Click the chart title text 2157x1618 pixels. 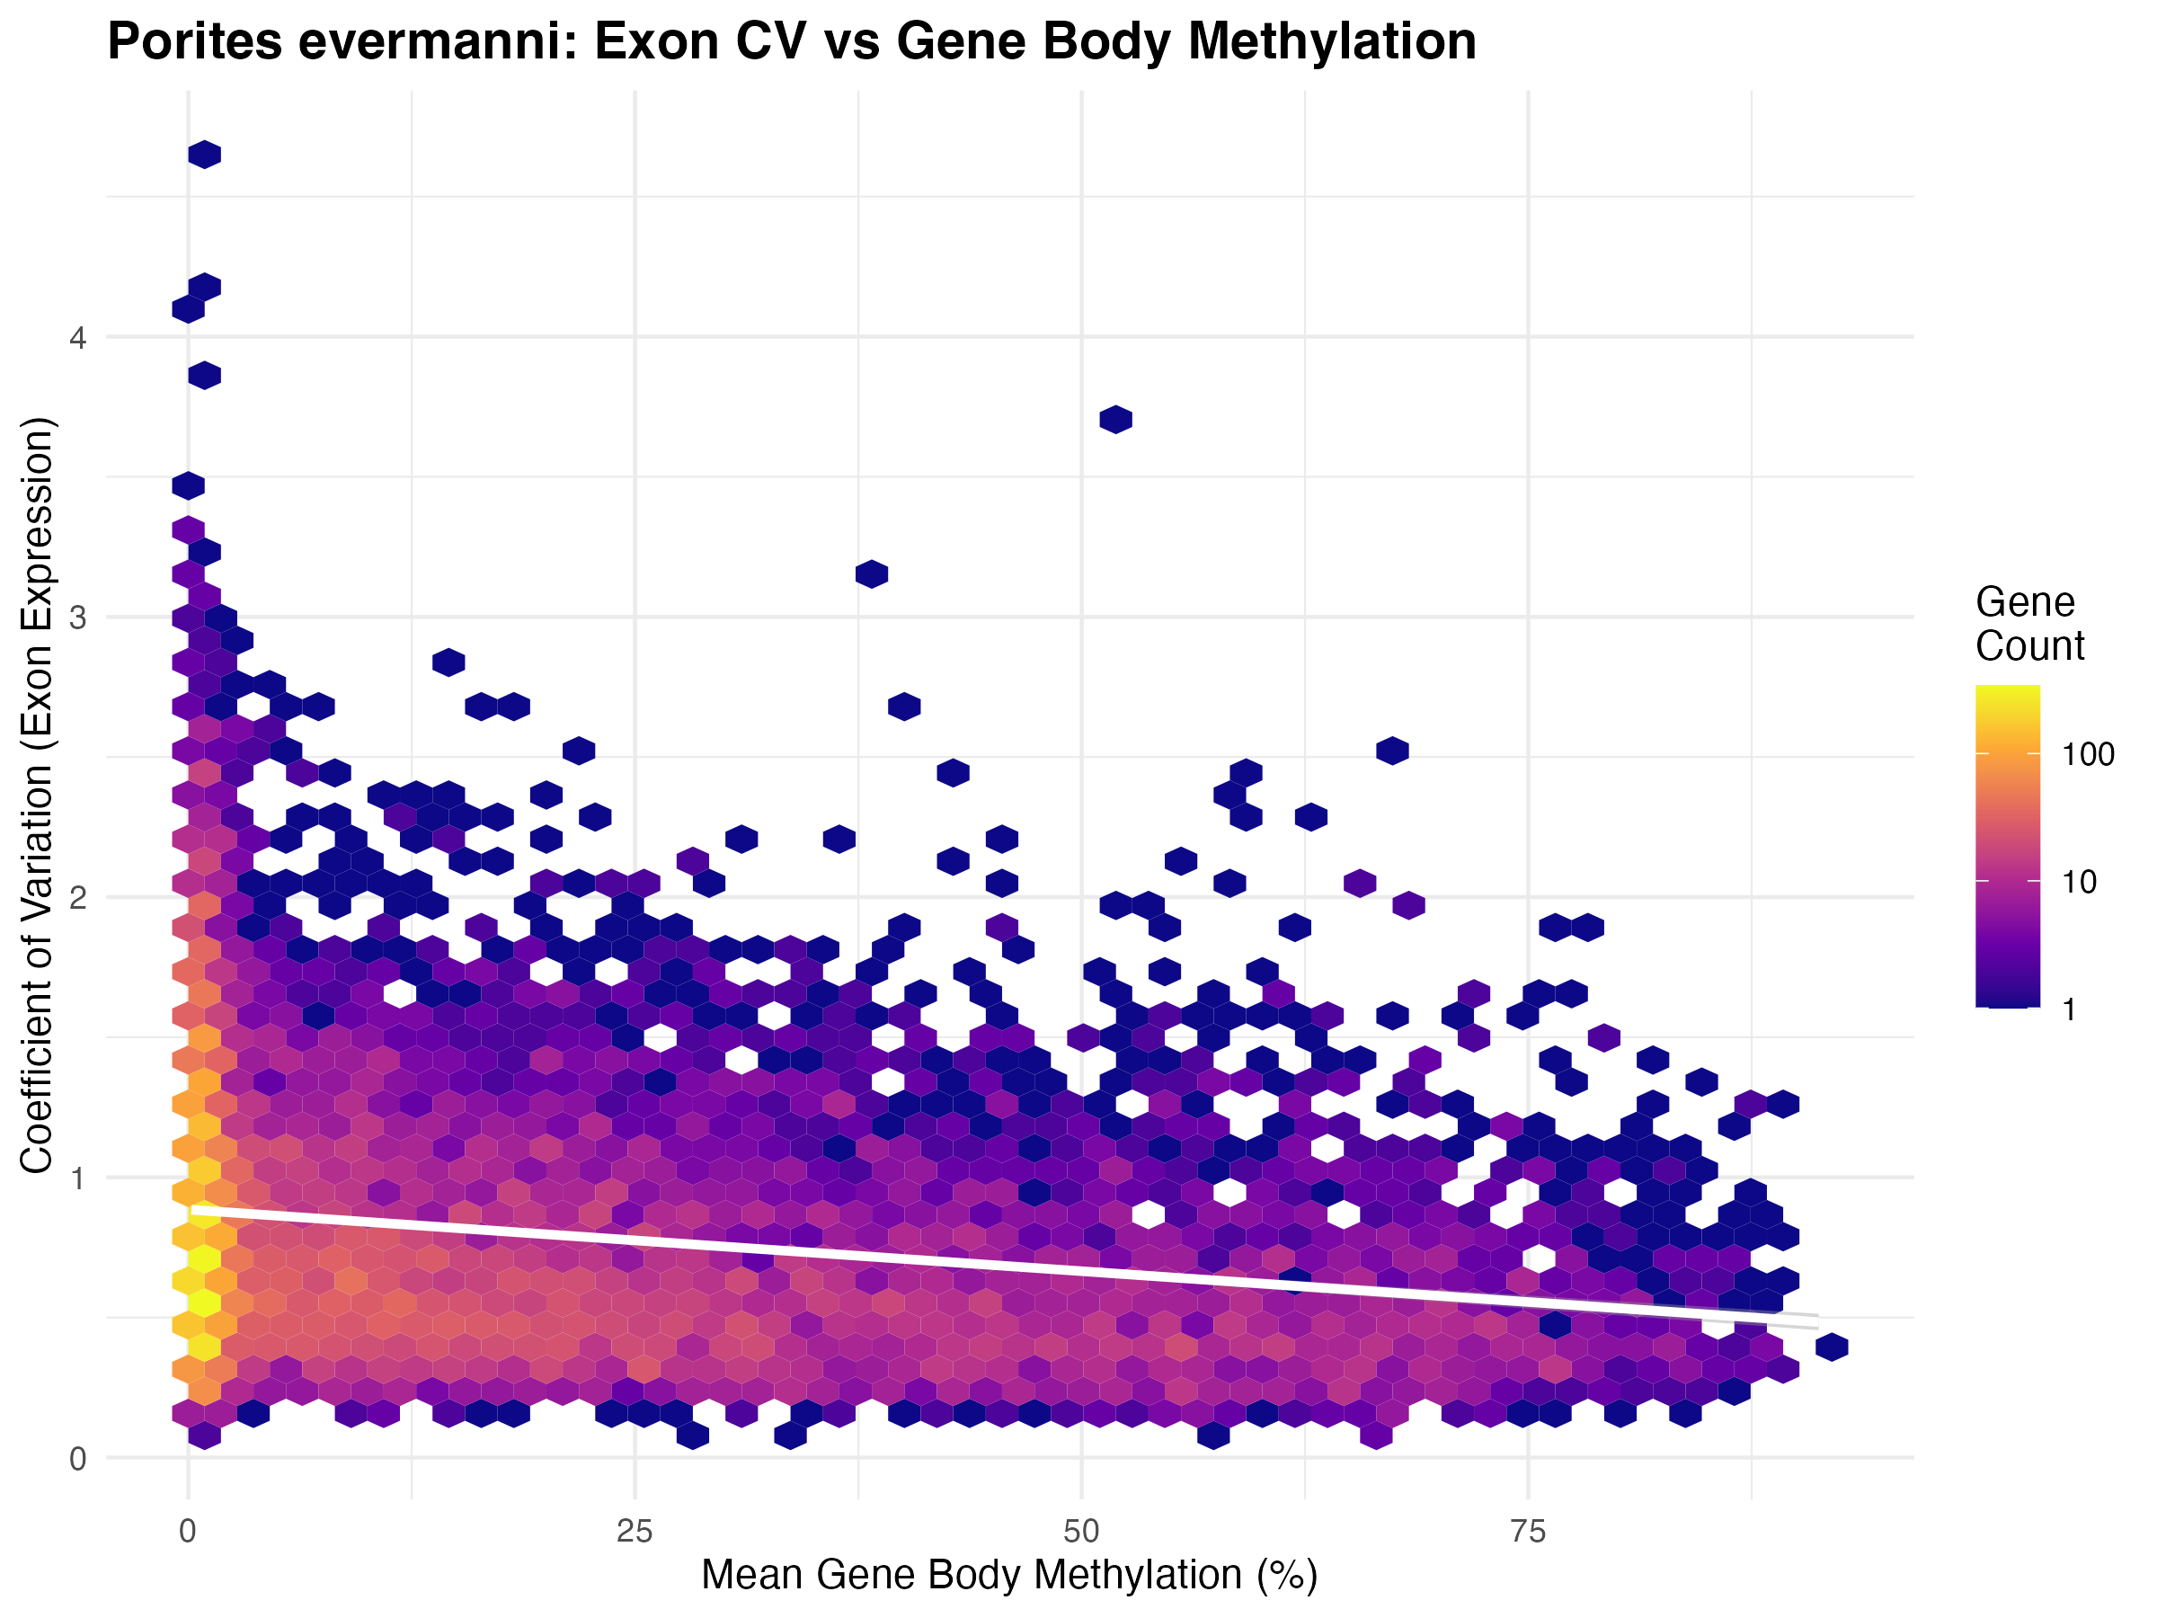pyautogui.click(x=791, y=42)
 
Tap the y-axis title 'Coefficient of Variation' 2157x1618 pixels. pyautogui.click(x=39, y=795)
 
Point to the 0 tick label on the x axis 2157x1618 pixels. pyautogui.click(x=187, y=1533)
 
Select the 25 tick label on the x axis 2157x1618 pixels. pyautogui.click(x=634, y=1533)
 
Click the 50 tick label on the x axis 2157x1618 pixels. pyautogui.click(x=1081, y=1533)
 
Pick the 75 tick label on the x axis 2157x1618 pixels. pyautogui.click(x=1528, y=1533)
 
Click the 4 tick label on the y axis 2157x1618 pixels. pyautogui.click(x=77, y=337)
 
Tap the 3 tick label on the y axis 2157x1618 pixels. pyautogui.click(x=77, y=618)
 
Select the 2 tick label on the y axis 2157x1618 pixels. pyautogui.click(x=77, y=897)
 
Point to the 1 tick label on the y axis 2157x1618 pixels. pyautogui.click(x=77, y=1178)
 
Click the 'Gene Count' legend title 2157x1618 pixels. pyautogui.click(x=2029, y=624)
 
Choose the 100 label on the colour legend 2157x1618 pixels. pyautogui.click(x=2089, y=754)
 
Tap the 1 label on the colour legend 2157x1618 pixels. pyautogui.click(x=2069, y=1009)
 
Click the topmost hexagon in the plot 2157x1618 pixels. pyautogui.click(x=204, y=154)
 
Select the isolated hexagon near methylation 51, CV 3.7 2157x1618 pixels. pyautogui.click(x=1115, y=420)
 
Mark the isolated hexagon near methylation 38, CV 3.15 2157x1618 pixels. pyautogui.click(x=872, y=574)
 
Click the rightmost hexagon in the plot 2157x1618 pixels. pyautogui.click(x=1833, y=1347)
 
